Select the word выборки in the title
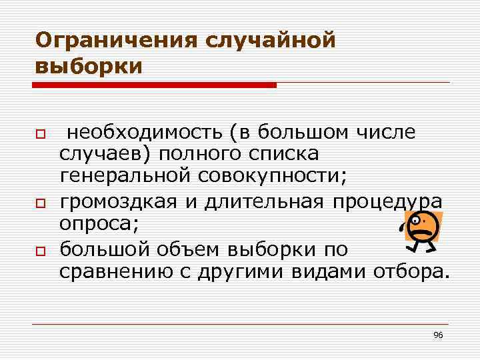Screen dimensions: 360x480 pyautogui.click(x=89, y=67)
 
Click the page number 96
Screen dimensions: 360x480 pyautogui.click(x=438, y=334)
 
